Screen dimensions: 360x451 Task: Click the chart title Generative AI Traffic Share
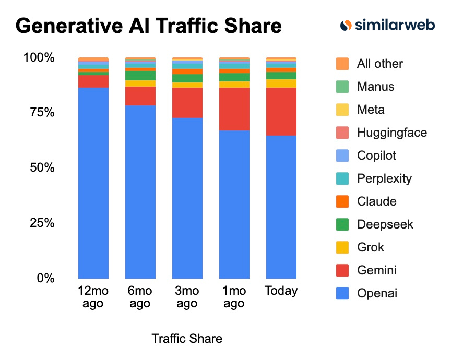click(x=149, y=26)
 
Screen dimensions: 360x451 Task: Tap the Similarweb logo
click(x=387, y=25)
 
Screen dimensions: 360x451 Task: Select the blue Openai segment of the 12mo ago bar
click(x=93, y=183)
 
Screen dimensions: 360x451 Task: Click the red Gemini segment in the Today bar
click(x=281, y=112)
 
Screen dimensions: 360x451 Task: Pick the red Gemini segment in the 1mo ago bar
click(x=234, y=109)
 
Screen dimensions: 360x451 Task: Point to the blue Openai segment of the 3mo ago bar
click(x=187, y=198)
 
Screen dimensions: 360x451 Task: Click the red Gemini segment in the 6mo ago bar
click(x=140, y=96)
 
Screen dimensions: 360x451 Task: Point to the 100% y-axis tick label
click(x=38, y=57)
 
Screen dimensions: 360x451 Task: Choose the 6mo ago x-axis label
click(x=140, y=297)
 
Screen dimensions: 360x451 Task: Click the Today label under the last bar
click(x=281, y=291)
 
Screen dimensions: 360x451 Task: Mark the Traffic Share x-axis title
click(x=187, y=339)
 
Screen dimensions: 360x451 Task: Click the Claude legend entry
click(x=376, y=201)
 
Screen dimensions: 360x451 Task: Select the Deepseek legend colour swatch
click(x=342, y=224)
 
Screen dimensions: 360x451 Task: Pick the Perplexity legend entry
click(x=384, y=178)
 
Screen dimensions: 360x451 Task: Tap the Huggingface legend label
click(x=391, y=133)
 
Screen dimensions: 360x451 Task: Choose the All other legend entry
click(x=379, y=64)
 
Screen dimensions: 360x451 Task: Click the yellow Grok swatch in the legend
click(x=342, y=247)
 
